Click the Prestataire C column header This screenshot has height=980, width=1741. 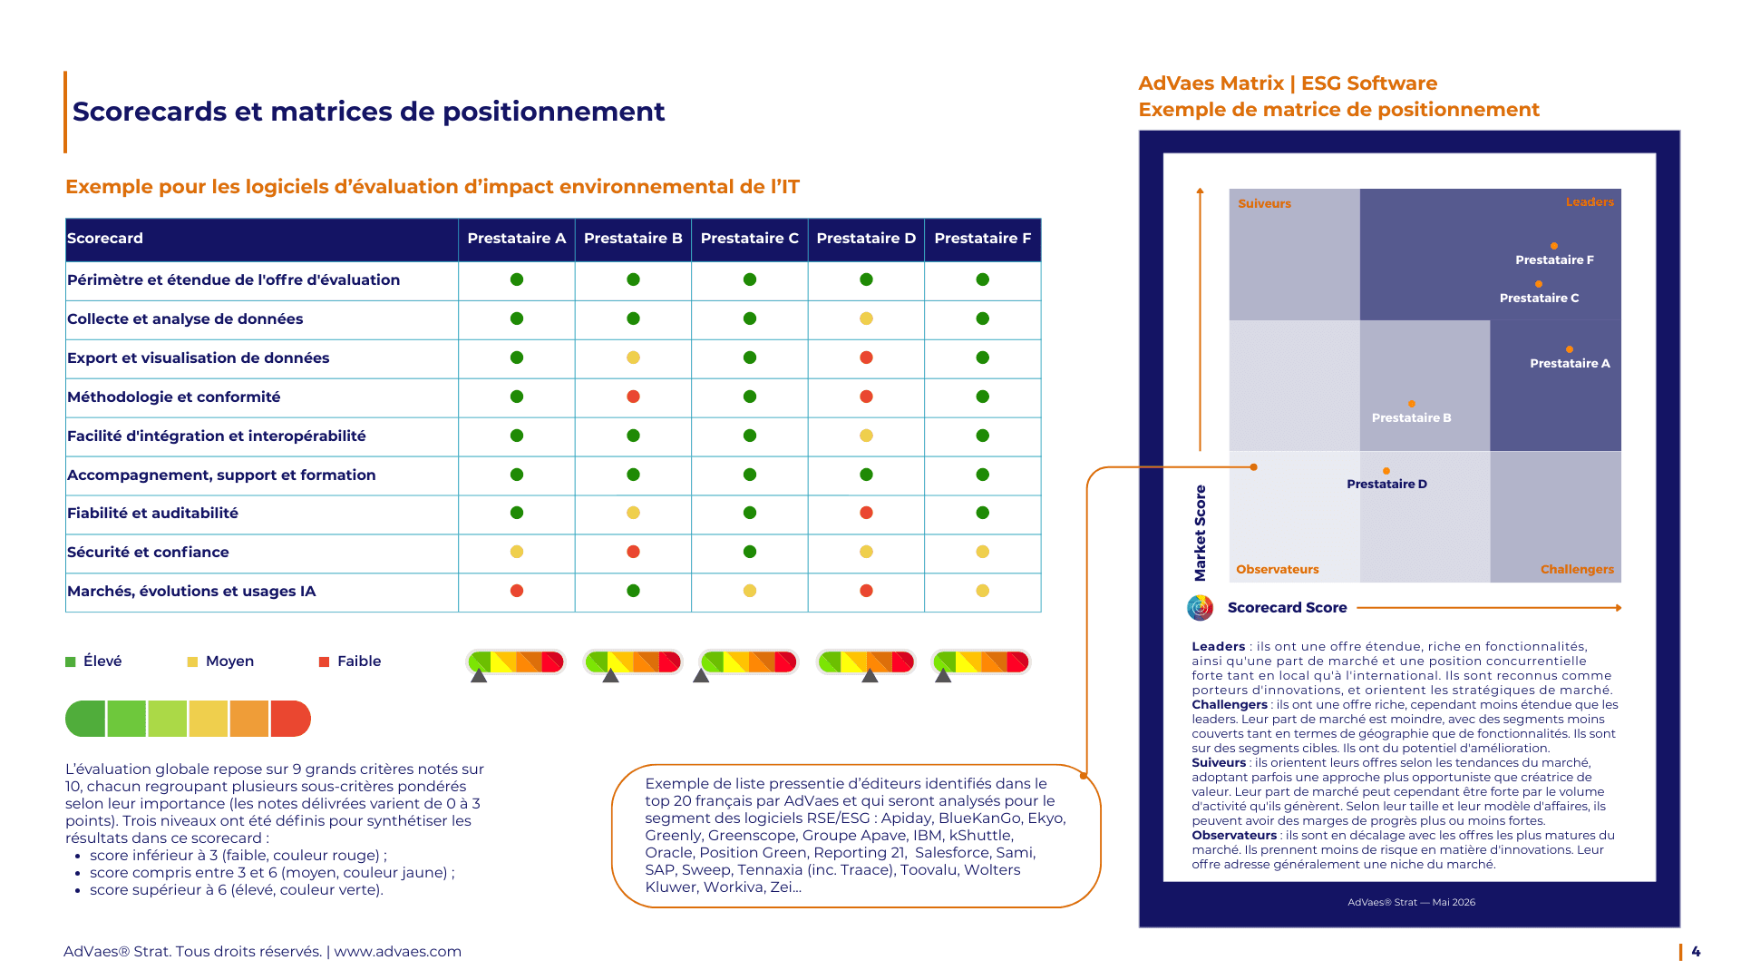pyautogui.click(x=749, y=239)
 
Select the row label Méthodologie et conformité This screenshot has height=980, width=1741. pyautogui.click(x=173, y=397)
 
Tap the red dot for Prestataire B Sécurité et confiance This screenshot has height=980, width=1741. pyautogui.click(x=633, y=552)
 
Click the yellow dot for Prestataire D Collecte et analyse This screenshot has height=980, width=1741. pyautogui.click(x=866, y=318)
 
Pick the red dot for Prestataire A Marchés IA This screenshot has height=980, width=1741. pyautogui.click(x=517, y=591)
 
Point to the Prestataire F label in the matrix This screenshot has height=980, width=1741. pyautogui.click(x=1554, y=260)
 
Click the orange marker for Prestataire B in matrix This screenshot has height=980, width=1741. pyautogui.click(x=1412, y=404)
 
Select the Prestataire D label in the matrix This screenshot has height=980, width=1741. pyautogui.click(x=1386, y=485)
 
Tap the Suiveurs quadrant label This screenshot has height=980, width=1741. pyautogui.click(x=1264, y=204)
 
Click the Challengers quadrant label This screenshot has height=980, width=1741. pyautogui.click(x=1577, y=570)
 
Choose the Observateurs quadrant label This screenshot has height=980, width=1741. pyautogui.click(x=1277, y=570)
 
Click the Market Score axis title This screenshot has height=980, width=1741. pyautogui.click(x=1201, y=533)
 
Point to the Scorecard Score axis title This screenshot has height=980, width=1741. pyautogui.click(x=1287, y=608)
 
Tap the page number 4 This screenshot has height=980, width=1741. pyautogui.click(x=1696, y=952)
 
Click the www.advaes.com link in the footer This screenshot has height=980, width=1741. pyautogui.click(x=397, y=952)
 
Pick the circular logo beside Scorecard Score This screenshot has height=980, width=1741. pyautogui.click(x=1200, y=608)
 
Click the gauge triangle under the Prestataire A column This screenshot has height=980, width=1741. pyautogui.click(x=479, y=676)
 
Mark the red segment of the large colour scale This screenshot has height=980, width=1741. pyautogui.click(x=290, y=719)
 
